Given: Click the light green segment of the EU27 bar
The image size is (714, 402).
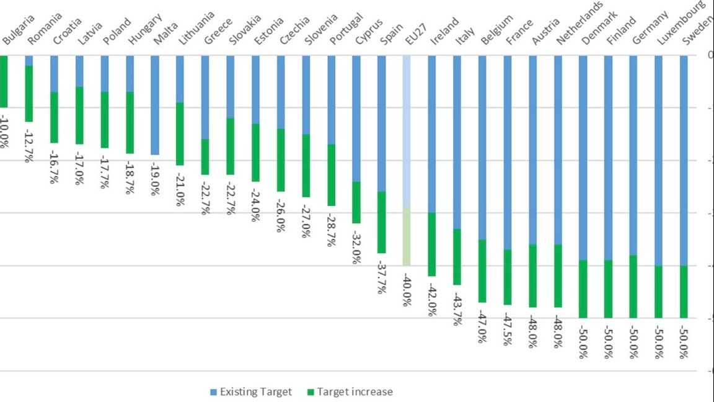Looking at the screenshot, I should [x=407, y=236].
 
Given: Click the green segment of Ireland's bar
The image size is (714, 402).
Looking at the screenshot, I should [x=432, y=244].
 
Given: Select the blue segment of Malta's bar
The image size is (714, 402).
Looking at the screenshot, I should [x=154, y=105].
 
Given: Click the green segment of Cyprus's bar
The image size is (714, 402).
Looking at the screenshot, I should [x=356, y=202].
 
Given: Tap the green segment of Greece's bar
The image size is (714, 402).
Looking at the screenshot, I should [x=205, y=157].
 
